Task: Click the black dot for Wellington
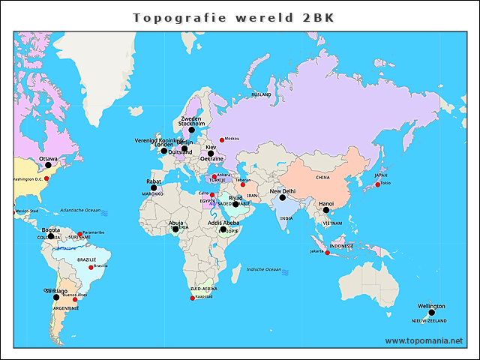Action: pos(431,313)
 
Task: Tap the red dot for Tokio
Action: pos(377,184)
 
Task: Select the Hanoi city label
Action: pos(326,203)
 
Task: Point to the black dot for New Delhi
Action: pos(283,198)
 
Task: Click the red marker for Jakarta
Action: pos(327,252)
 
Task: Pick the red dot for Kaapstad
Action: pos(193,298)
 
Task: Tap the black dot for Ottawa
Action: pos(48,165)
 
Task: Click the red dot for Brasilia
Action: pos(91,267)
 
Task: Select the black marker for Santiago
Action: pos(56,297)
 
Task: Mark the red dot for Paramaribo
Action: pos(79,233)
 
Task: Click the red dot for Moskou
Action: pos(221,139)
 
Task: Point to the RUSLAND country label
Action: pos(261,95)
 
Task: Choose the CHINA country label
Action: pos(322,178)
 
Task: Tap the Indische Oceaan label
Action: pos(263,269)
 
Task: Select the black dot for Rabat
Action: pos(154,187)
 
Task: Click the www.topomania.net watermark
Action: pos(424,340)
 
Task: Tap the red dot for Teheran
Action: pos(242,184)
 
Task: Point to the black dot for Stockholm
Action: pos(192,130)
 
